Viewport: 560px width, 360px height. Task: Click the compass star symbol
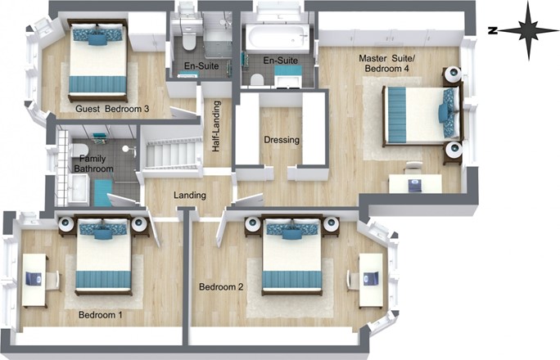tap(528, 31)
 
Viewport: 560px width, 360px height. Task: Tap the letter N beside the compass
tap(493, 31)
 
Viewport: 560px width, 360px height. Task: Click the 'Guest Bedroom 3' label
tap(112, 109)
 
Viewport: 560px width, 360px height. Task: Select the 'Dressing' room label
tap(282, 140)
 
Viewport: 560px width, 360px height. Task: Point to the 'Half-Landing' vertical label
tap(215, 126)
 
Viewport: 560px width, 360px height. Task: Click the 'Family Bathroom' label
tap(93, 164)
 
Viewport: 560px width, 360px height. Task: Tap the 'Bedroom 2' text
tap(221, 286)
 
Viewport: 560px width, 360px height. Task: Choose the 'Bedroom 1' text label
tap(101, 315)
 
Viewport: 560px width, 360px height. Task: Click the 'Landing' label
tap(190, 196)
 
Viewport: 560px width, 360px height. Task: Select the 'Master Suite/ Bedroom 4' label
tap(386, 63)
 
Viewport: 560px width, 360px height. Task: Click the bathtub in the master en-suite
tap(278, 38)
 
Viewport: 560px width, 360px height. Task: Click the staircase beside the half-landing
tap(172, 153)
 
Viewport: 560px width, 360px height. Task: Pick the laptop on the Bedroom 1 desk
tap(34, 278)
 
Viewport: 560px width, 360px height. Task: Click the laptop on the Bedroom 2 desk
tap(371, 279)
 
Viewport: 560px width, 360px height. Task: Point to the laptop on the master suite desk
tap(415, 185)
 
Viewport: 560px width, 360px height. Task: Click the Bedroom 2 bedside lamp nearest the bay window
tap(331, 223)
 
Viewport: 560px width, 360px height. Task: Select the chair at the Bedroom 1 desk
tap(53, 280)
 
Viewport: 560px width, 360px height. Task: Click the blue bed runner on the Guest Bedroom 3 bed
tap(98, 84)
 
